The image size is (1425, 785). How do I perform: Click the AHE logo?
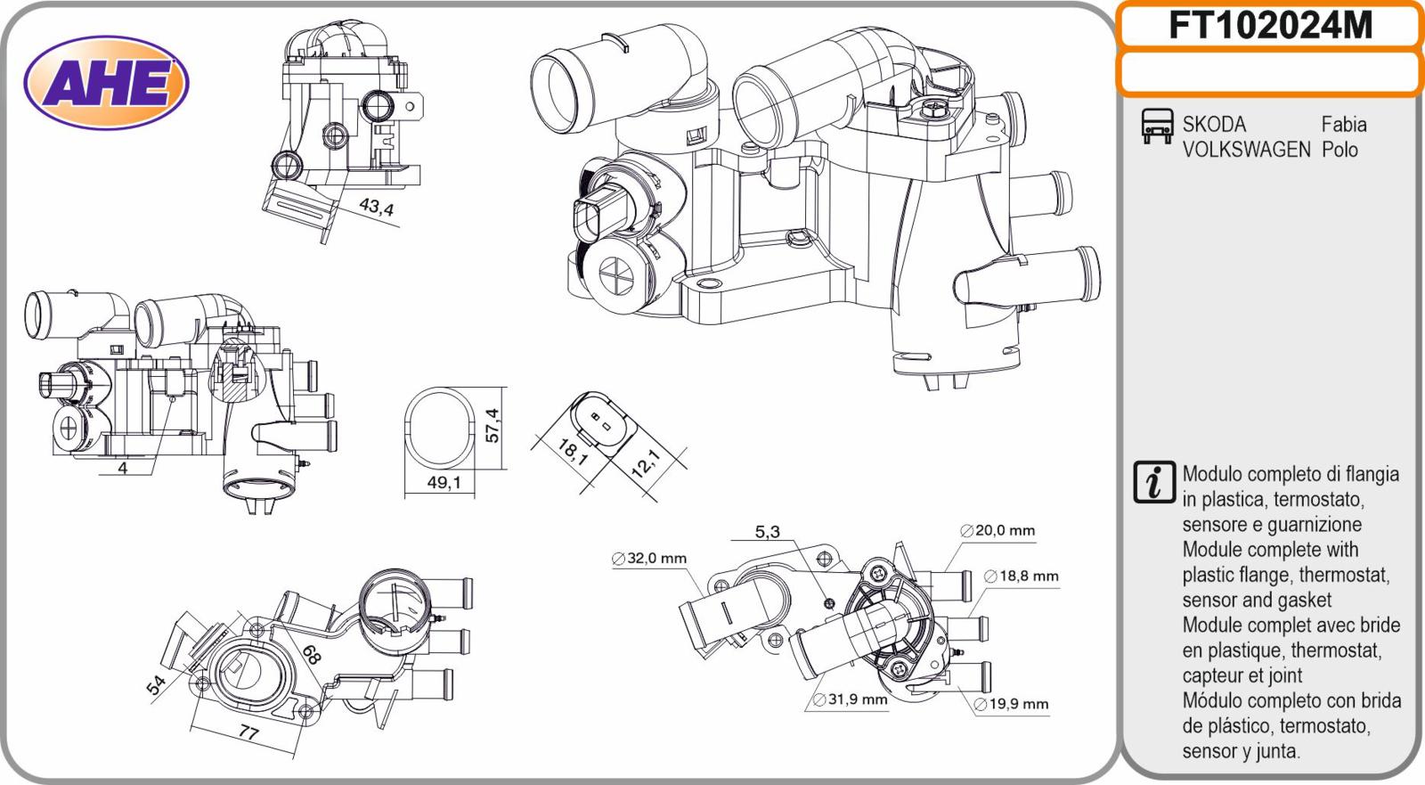tap(106, 83)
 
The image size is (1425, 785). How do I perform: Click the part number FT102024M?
tap(1270, 26)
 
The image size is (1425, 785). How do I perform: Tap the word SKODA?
tap(1214, 124)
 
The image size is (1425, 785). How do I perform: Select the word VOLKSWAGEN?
tap(1246, 150)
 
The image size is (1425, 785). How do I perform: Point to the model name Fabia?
tap(1344, 124)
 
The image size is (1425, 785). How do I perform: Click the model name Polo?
tap(1339, 150)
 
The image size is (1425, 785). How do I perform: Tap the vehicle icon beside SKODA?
tap(1157, 126)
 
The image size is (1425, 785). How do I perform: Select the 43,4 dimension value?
tap(377, 207)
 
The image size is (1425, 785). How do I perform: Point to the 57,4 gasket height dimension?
tap(493, 425)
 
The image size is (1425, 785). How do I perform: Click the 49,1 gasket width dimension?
tap(444, 483)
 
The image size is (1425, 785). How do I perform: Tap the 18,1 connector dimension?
tap(573, 452)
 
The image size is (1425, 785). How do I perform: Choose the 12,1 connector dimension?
tap(647, 462)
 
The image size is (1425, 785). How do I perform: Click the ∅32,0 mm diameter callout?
tap(649, 559)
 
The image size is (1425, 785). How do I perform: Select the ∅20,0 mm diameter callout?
tap(997, 530)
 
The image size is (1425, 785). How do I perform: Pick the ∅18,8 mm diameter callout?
tap(1021, 576)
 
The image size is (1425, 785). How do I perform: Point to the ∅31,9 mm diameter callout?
tap(850, 699)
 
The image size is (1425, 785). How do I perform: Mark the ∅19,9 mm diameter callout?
tap(1011, 704)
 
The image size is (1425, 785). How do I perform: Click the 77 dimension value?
tap(248, 733)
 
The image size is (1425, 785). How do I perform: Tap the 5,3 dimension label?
tap(767, 532)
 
